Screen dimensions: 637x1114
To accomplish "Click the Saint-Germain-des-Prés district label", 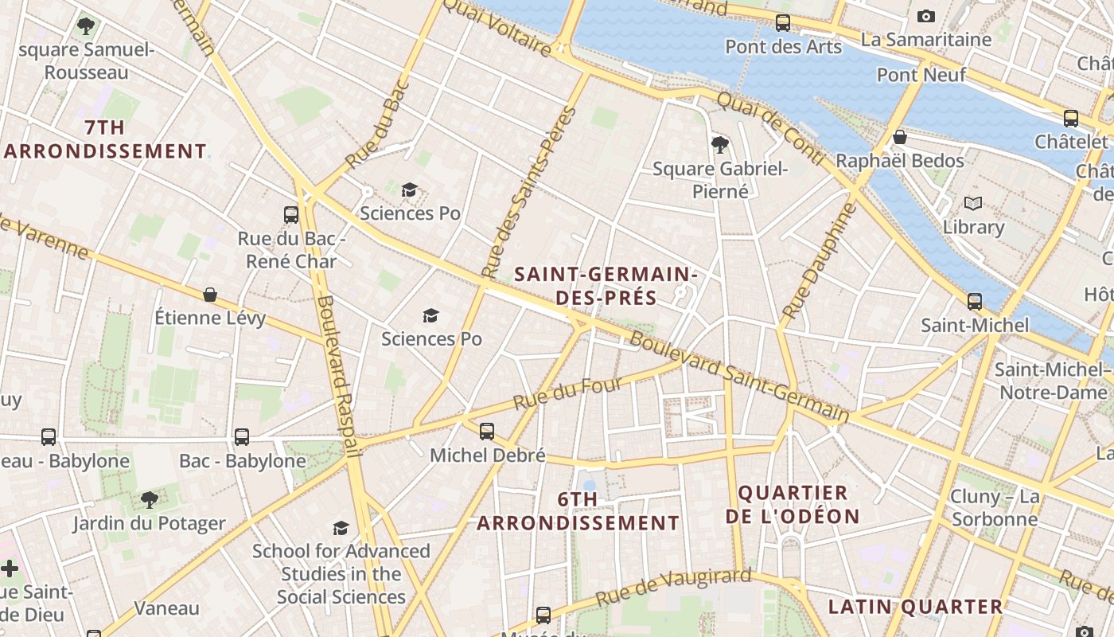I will point(605,286).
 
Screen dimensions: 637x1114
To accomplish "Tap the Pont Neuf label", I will point(921,75).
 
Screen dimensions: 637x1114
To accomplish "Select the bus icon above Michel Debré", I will point(486,432).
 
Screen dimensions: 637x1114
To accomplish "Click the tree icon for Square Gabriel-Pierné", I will point(719,144).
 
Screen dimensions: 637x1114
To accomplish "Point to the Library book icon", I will point(972,203).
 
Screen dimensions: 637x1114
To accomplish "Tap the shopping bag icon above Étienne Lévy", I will point(210,295).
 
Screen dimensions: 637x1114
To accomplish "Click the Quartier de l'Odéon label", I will point(792,504).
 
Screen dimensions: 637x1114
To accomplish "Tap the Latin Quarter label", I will point(915,607).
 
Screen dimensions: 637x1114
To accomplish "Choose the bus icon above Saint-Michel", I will point(974,302).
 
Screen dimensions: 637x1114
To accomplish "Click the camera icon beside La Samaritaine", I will point(925,16).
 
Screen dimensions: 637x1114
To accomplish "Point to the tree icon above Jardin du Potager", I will point(149,500).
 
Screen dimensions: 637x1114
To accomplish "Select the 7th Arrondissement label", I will point(105,139).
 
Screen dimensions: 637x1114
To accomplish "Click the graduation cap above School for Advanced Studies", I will point(341,528).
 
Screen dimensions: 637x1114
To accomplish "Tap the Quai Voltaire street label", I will point(497,26).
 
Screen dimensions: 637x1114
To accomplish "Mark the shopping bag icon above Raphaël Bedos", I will point(899,137).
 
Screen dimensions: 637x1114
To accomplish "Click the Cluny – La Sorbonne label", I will point(994,508).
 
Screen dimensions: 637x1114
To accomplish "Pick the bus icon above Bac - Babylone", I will point(241,437).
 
